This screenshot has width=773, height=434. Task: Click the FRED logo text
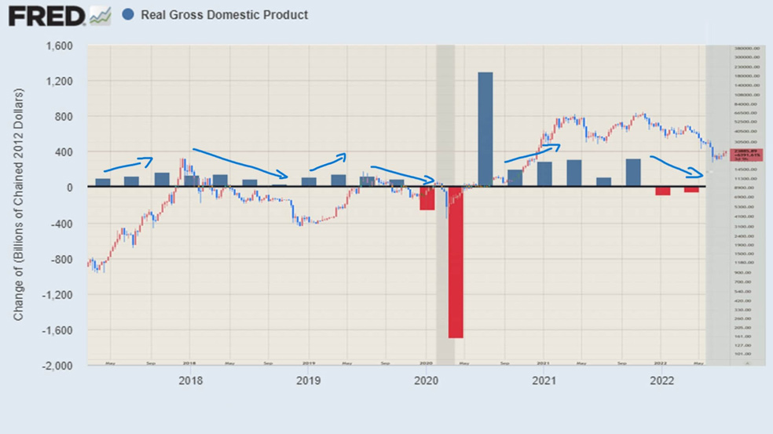pos(46,15)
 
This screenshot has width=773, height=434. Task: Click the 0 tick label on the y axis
pos(69,188)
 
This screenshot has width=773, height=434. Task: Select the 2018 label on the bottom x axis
pos(190,381)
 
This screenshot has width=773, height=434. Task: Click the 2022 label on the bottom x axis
pos(661,381)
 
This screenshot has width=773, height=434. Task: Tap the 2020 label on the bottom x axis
pos(426,381)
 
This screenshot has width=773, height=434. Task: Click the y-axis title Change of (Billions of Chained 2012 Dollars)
pos(19,204)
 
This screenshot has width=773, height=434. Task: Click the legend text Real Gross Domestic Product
pos(224,15)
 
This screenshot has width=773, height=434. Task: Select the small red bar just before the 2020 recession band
pos(427,199)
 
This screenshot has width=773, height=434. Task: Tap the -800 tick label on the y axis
pos(61,259)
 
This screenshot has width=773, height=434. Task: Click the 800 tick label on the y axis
pos(64,117)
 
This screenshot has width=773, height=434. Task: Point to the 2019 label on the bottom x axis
pos(308,381)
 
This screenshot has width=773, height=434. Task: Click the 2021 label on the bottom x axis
pos(544,381)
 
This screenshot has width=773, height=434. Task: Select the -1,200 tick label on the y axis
pos(58,295)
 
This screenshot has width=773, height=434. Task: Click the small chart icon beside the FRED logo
pos(100,15)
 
